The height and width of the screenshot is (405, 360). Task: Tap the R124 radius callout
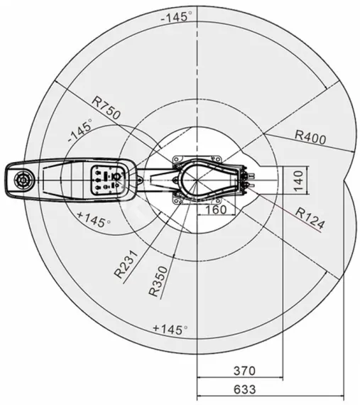pos(310,219)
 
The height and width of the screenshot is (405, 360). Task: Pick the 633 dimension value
pos(243,389)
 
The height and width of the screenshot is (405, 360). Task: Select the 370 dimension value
pos(243,371)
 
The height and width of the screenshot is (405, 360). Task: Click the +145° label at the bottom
pos(170,329)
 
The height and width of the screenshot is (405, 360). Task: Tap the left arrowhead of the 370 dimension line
pos(199,379)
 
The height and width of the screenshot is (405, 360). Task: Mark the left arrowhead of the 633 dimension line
pos(199,396)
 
